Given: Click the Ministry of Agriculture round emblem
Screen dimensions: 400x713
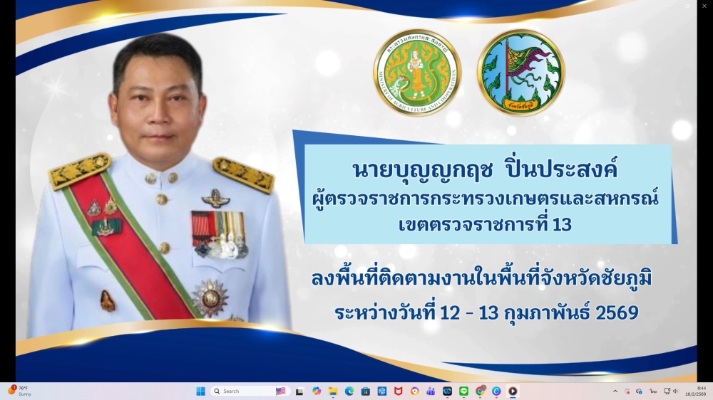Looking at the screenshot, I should click(x=417, y=73).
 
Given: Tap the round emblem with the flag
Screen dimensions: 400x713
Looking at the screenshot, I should click(x=520, y=73).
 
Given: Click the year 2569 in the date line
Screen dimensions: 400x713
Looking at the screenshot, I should click(x=617, y=312).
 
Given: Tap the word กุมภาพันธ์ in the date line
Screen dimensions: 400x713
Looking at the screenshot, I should click(x=543, y=312).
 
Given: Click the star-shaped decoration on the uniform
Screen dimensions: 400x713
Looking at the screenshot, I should click(x=210, y=298).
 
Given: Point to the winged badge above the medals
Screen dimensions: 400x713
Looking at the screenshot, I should click(x=215, y=198).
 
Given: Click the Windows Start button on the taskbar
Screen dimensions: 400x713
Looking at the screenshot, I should click(x=200, y=391).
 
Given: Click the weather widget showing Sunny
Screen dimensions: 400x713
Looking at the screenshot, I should click(x=20, y=391).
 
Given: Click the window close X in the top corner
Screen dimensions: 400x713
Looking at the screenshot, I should click(x=706, y=5).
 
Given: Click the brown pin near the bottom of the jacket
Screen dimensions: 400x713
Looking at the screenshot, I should click(x=107, y=300).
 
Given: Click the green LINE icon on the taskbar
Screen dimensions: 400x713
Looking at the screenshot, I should click(x=463, y=391).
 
